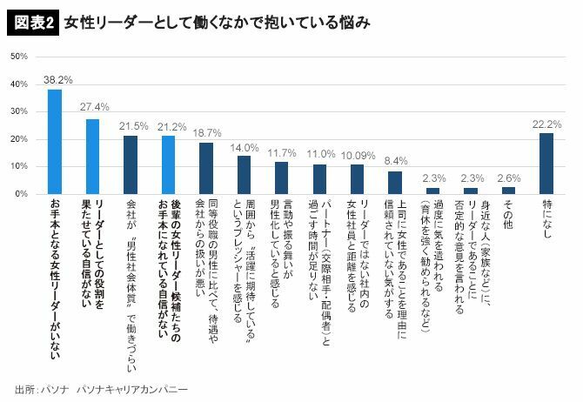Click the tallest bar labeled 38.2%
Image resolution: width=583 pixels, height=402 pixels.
[55, 141]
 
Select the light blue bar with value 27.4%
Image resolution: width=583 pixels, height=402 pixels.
[92, 156]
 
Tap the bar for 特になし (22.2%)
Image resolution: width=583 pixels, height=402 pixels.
[546, 163]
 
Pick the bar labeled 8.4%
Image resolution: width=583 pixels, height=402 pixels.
[395, 182]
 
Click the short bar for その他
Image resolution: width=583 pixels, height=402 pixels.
[509, 190]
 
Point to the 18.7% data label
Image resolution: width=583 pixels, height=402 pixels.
[206, 133]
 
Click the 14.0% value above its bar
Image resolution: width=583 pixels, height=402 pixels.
[245, 147]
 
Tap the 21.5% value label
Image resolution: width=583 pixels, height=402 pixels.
[131, 126]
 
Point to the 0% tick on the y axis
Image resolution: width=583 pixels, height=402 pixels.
[20, 193]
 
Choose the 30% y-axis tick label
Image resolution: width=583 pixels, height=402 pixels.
[17, 111]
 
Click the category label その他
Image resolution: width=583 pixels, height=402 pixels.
[509, 215]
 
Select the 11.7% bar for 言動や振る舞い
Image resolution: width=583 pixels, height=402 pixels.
[281, 178]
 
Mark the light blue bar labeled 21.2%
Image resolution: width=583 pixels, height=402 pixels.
[168, 164]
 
